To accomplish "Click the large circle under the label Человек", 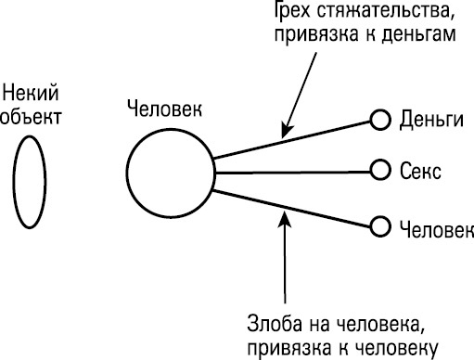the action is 169,172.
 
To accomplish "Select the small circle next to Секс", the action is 378,171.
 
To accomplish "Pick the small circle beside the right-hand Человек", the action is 378,225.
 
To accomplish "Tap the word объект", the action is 31,117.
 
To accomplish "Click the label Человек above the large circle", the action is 167,109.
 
